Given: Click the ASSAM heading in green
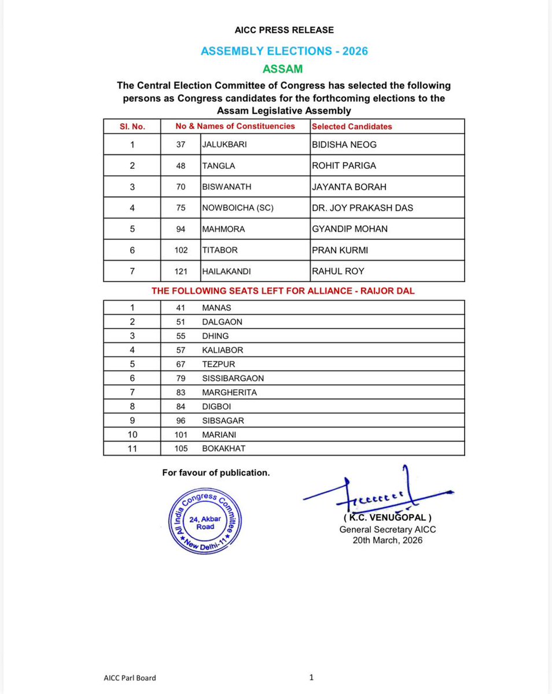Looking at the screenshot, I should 282,69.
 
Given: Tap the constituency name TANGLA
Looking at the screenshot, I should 217,165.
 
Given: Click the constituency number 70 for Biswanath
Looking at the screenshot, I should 181,187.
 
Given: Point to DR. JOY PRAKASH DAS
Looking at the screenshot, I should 362,208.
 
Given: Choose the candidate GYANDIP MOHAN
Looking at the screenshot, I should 349,229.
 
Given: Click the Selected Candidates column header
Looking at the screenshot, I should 352,126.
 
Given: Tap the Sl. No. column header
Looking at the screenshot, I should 133,126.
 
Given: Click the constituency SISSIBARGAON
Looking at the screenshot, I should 233,378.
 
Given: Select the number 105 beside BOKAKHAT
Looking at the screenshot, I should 181,448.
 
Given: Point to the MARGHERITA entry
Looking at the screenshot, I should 229,392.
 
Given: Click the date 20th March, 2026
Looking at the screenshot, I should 388,540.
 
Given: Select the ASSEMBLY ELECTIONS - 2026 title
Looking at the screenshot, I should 284,51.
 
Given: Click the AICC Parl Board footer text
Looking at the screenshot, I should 126,678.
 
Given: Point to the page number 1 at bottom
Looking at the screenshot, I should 311,677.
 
